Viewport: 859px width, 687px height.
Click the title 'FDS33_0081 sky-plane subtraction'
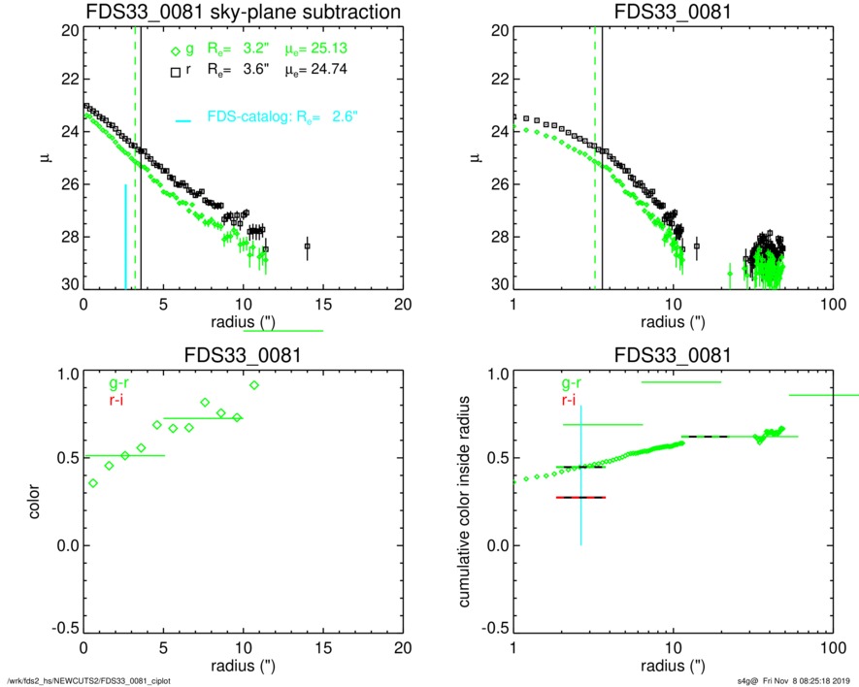point(244,12)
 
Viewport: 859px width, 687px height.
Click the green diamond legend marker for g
point(175,52)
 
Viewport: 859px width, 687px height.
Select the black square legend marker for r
point(175,71)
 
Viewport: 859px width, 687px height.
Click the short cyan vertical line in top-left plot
point(125,236)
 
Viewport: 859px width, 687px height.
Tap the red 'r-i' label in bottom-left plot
point(115,400)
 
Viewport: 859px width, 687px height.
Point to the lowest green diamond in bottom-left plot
point(93,482)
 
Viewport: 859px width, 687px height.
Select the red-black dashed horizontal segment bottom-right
point(580,497)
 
